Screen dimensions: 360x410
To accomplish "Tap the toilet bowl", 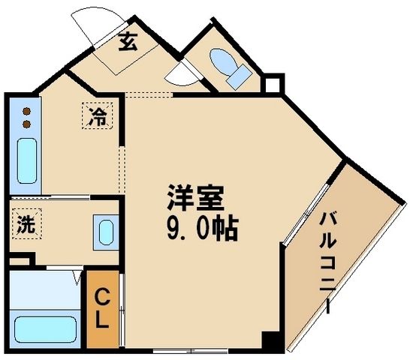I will pyautogui.click(x=222, y=59).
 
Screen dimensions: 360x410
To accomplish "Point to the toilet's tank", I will pyautogui.click(x=239, y=74).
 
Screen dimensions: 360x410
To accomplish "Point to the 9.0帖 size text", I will pyautogui.click(x=199, y=226).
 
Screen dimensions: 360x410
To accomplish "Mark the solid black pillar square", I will pyautogui.click(x=270, y=339).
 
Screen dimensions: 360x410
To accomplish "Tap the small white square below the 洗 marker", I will pyautogui.click(x=22, y=259).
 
